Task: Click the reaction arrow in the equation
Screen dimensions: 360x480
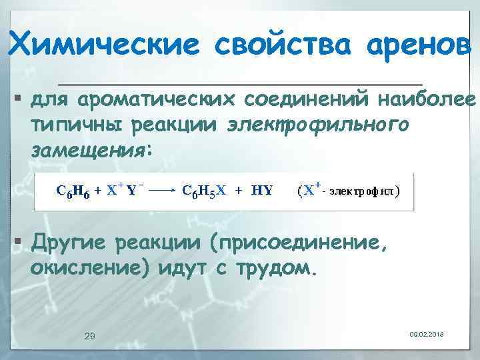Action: (161, 190)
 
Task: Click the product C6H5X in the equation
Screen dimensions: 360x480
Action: (203, 190)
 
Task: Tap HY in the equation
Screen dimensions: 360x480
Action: (261, 190)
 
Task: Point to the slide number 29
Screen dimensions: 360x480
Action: (90, 335)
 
